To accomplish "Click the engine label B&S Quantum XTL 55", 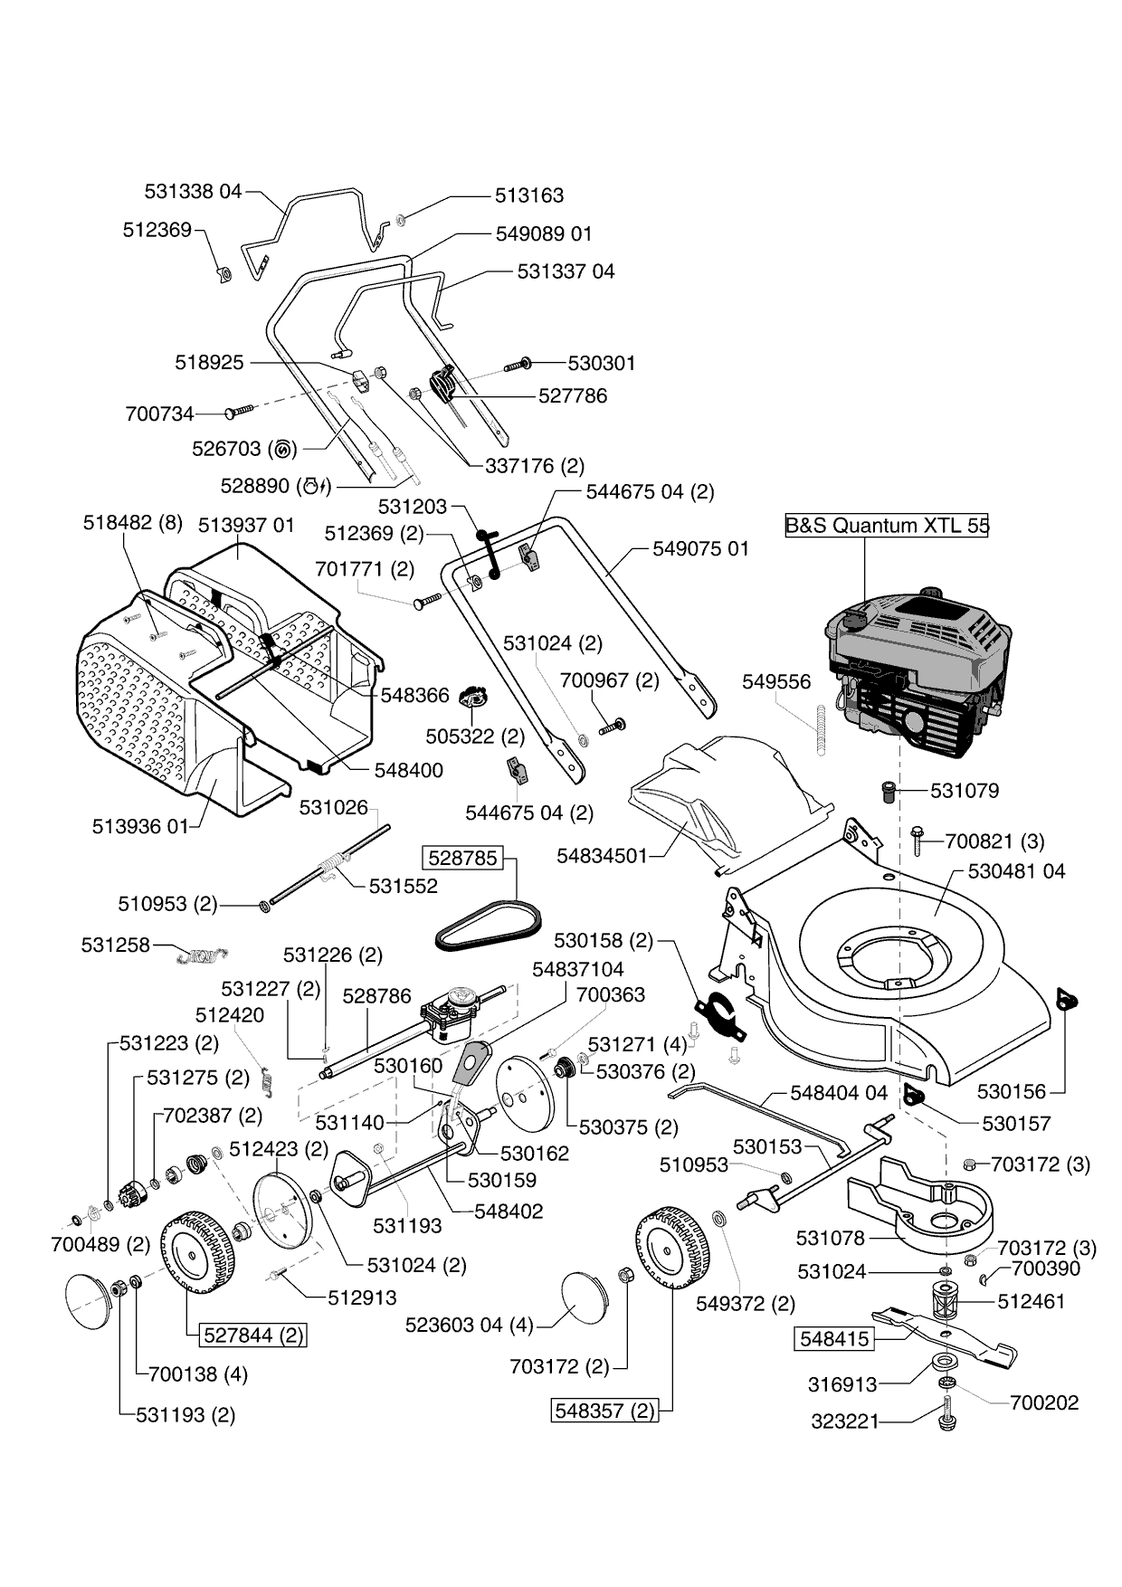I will point(886,525).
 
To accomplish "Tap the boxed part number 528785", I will point(463,858).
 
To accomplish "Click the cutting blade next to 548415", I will point(945,1334).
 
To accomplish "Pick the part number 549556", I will point(776,681).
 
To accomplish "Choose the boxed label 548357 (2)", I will point(604,1411).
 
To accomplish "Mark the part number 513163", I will point(529,195).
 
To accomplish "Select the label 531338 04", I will point(194,192).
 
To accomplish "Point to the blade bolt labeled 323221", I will point(946,1415).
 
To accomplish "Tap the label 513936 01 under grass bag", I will point(140,826).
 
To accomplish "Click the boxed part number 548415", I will point(834,1339).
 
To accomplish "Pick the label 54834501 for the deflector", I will point(603,855).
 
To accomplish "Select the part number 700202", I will point(1044,1402).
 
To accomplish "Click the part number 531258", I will point(116,946).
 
